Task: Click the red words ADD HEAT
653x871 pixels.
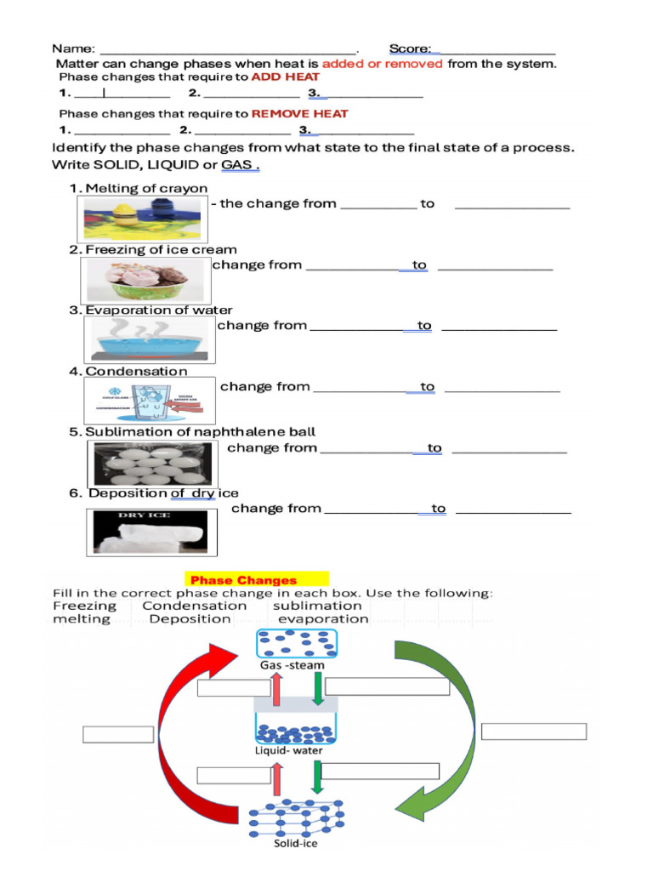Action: coord(285,77)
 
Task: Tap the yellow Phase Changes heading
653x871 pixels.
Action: coord(243,580)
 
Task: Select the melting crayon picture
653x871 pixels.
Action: coord(142,218)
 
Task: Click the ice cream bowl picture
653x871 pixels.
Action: coord(146,279)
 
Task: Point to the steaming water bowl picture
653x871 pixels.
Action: coord(150,339)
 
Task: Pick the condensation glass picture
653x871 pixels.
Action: coord(150,401)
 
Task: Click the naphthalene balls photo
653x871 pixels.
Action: coord(151,464)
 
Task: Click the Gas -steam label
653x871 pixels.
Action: coord(288,665)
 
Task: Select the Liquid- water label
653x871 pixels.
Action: coord(288,750)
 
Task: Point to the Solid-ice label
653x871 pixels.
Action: coord(295,844)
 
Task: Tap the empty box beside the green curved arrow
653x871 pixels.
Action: coord(534,732)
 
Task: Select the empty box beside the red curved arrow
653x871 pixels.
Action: coord(118,733)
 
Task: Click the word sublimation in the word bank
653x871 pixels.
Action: coord(317,606)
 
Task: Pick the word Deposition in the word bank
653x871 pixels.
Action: coord(190,619)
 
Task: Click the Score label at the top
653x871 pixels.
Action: coord(410,48)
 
